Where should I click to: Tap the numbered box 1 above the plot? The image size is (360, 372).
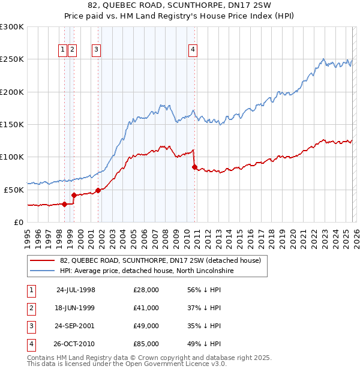(x=62, y=50)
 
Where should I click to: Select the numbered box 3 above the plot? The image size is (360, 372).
(x=96, y=50)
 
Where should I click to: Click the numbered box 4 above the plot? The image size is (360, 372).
(x=193, y=50)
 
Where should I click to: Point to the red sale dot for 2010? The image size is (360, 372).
(x=194, y=167)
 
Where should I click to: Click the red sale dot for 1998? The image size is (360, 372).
(x=64, y=204)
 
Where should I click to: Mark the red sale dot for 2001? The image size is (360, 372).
(x=98, y=190)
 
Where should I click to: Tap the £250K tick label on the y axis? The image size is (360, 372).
(x=12, y=59)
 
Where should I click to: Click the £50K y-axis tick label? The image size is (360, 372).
(x=14, y=190)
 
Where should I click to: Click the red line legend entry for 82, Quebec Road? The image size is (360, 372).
(x=160, y=260)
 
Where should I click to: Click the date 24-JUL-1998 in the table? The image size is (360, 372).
(x=76, y=290)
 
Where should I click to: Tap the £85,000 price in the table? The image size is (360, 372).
(x=146, y=344)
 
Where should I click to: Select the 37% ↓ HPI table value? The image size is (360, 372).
(x=204, y=308)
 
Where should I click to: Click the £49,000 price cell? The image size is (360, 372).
(x=146, y=326)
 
